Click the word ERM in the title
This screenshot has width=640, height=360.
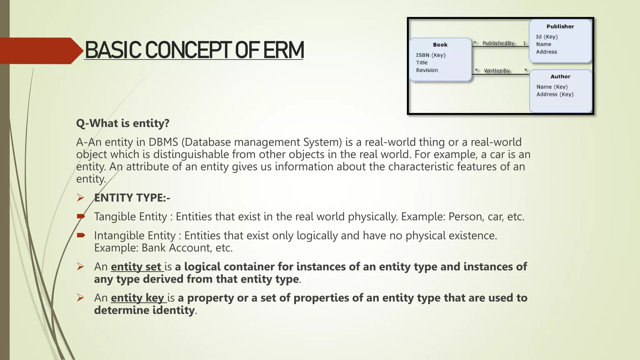[283, 50]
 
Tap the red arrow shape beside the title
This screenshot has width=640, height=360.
[41, 51]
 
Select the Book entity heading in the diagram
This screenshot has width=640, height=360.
[440, 45]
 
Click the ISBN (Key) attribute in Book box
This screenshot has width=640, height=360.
[431, 55]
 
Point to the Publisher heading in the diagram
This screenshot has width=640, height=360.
[560, 27]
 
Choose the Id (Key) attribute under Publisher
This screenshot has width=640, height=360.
[547, 37]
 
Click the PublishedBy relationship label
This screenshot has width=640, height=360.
[498, 43]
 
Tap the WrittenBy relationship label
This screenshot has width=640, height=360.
[497, 71]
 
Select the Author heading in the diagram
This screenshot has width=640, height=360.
[560, 77]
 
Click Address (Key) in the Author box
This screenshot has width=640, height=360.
[555, 94]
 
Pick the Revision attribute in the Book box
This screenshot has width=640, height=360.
[427, 70]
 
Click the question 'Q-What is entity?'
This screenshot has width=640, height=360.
[122, 123]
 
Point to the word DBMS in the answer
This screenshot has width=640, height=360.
[163, 142]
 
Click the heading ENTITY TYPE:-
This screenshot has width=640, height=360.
[132, 198]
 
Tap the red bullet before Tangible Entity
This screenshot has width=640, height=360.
[81, 216]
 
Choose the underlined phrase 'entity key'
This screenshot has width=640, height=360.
[137, 298]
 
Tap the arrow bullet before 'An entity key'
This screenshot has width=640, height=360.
[81, 297]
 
